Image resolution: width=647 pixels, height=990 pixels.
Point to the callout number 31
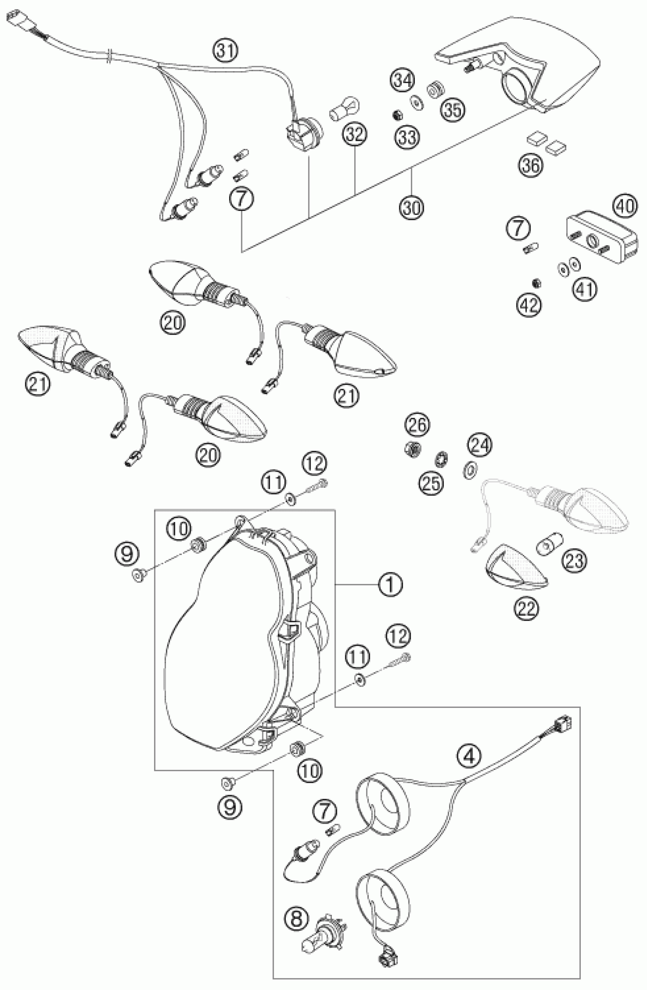point(226,51)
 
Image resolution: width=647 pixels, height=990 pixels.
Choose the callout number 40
point(625,206)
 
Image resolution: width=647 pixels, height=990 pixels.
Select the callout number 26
point(418,425)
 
